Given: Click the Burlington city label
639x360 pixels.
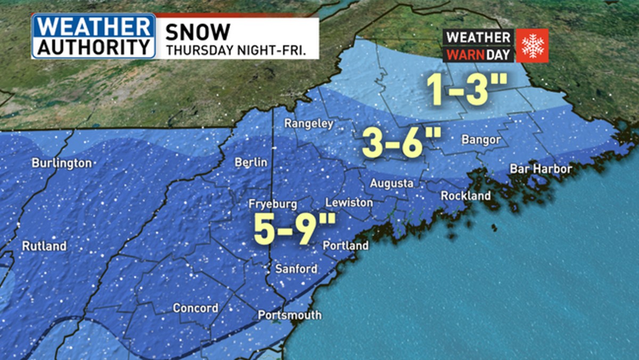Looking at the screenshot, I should [62, 163].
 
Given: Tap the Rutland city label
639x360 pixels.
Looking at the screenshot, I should [44, 246].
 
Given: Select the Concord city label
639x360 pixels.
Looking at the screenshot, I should [195, 308].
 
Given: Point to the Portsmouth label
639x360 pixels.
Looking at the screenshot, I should [290, 315].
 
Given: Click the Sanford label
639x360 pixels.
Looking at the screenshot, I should [296, 269].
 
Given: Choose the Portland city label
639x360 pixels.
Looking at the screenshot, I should [346, 246].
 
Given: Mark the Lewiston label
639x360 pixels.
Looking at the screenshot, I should [349, 203].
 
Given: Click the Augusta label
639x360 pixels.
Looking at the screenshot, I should [392, 183].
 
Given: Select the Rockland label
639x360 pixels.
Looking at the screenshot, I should [466, 196].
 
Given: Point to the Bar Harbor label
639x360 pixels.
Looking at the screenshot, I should [540, 169].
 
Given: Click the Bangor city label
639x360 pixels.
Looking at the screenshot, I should [481, 140].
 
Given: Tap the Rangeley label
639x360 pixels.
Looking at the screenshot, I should [308, 124].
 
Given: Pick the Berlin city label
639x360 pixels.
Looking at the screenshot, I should [250, 162].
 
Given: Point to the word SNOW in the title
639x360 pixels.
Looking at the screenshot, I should [198, 32].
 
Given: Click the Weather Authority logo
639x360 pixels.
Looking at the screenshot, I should [94, 36].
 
